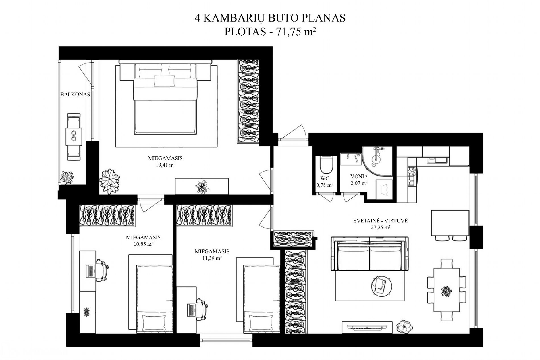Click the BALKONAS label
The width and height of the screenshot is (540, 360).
point(75,94)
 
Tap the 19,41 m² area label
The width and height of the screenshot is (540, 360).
point(165,165)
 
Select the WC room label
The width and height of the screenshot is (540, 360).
point(325,178)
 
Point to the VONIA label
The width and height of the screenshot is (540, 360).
point(359,176)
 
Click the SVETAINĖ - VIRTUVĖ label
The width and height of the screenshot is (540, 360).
point(381,221)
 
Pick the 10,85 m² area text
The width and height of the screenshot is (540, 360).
point(143,244)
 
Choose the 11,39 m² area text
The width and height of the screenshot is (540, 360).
point(212,258)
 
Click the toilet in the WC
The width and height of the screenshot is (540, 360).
point(326,165)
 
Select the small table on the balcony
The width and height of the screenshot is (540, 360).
point(74,137)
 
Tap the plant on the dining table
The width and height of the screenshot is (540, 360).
point(446,291)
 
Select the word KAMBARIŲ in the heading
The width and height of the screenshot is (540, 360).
point(234,18)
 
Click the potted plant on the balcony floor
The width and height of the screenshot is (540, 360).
point(67,178)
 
